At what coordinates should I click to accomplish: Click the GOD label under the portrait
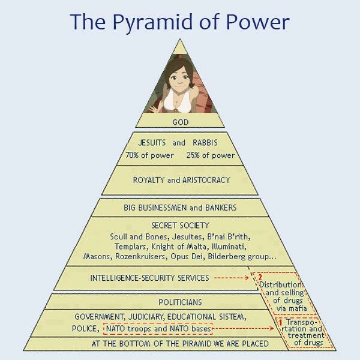coord(180,122)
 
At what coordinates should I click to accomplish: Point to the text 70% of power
coord(149,155)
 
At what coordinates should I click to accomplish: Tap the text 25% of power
coord(210,155)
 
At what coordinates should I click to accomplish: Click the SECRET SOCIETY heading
coord(180,226)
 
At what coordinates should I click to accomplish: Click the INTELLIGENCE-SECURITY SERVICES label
coord(149,278)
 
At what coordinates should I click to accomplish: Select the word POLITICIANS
coord(180,302)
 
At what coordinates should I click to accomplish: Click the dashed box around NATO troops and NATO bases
coord(158,329)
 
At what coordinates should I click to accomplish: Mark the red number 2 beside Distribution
coord(260,277)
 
